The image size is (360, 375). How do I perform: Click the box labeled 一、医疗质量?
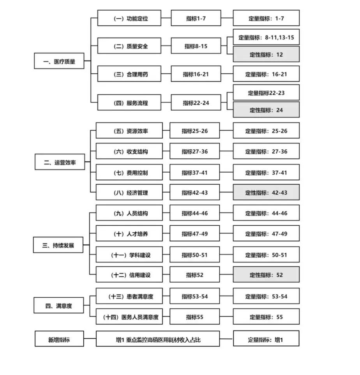click(59, 61)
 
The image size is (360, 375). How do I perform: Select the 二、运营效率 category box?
click(60, 162)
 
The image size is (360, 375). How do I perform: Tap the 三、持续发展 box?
click(58, 245)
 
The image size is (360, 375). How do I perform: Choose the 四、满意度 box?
click(59, 305)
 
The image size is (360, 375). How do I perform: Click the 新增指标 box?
click(59, 339)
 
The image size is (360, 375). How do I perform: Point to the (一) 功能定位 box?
click(129, 18)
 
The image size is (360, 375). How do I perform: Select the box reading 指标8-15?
click(196, 46)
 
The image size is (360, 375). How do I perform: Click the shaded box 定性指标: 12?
click(266, 54)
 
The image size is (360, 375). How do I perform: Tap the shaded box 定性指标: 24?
click(266, 110)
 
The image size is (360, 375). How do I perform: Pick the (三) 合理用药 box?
click(129, 74)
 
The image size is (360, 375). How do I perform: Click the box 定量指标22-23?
click(266, 92)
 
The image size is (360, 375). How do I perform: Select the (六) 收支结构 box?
click(129, 151)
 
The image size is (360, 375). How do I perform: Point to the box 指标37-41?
click(195, 172)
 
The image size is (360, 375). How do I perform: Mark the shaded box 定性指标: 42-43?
click(266, 192)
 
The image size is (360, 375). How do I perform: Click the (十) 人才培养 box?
click(129, 233)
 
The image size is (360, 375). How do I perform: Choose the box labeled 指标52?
click(195, 274)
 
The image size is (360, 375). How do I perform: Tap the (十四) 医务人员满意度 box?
click(129, 317)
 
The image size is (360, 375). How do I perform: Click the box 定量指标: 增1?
click(266, 339)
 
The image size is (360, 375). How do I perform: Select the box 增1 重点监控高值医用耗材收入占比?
click(158, 339)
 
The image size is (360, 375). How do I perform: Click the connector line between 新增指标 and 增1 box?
click(90, 339)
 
